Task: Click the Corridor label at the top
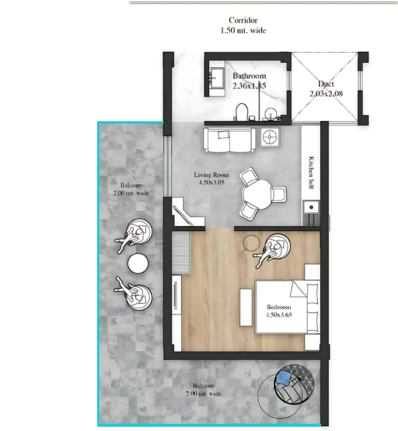tap(243, 20)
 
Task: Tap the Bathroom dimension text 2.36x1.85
tap(249, 86)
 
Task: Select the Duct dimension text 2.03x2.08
tap(326, 94)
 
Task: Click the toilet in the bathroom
tap(242, 112)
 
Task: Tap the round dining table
tap(257, 194)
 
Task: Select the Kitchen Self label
tap(311, 173)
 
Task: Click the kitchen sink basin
tap(311, 207)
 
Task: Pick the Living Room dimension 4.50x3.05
tap(211, 182)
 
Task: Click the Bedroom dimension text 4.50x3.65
tap(278, 315)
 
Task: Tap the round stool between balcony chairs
tap(138, 263)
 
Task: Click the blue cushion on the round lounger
tap(284, 377)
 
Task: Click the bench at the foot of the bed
tap(246, 307)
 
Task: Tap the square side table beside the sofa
tap(270, 136)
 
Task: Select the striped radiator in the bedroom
tap(181, 252)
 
